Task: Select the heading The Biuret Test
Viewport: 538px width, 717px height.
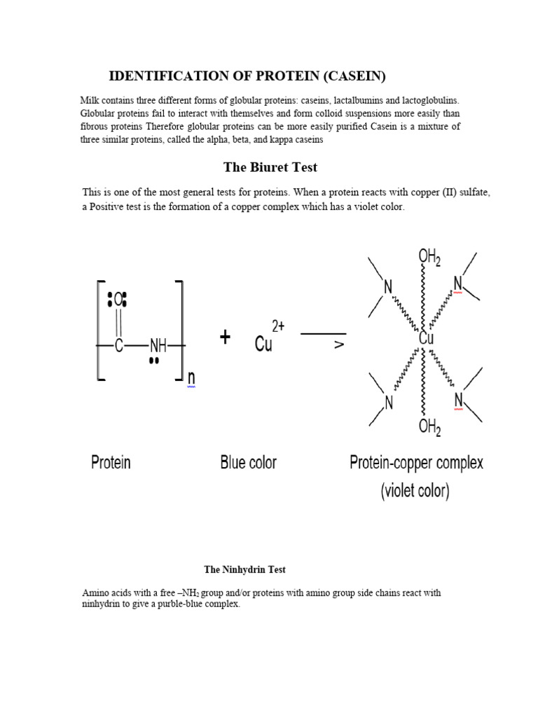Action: click(x=270, y=167)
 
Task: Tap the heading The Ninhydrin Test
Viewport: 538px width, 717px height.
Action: click(x=244, y=570)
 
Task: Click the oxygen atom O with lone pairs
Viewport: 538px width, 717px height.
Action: click(x=118, y=300)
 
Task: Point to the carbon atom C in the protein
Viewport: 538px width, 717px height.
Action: click(x=118, y=345)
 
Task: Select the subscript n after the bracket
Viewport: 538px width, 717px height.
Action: click(x=191, y=379)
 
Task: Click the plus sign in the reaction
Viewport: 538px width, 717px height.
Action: click(x=225, y=338)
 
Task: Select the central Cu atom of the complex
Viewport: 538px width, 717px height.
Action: click(x=426, y=338)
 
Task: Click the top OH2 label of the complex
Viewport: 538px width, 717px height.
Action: click(x=429, y=258)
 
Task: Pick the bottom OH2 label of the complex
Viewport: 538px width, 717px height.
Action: click(x=429, y=426)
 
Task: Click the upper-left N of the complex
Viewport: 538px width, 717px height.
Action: click(x=387, y=286)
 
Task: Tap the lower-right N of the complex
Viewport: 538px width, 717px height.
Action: click(x=459, y=400)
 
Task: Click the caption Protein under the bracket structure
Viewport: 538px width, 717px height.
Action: click(x=111, y=462)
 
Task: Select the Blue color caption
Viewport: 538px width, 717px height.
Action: click(x=248, y=462)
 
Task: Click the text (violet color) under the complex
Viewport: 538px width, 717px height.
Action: click(x=415, y=491)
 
